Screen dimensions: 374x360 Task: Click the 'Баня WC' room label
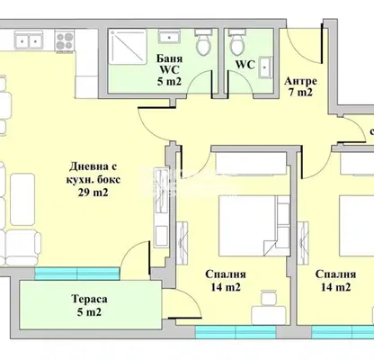coord(169,64)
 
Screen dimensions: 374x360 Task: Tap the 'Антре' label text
coord(300,81)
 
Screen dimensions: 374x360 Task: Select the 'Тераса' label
coord(89,299)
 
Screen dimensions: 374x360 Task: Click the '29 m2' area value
coord(93,193)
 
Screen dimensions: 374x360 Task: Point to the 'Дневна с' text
coord(93,166)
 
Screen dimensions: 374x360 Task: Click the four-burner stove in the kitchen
coord(64,41)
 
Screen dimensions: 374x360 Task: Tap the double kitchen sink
coord(29,40)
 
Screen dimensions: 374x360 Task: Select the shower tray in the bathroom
coord(128,47)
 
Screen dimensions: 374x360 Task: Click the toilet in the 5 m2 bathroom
coord(204,42)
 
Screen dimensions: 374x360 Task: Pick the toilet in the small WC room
coord(237,42)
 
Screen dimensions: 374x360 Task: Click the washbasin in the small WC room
coord(265,67)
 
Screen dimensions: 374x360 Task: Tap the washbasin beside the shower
coord(169,37)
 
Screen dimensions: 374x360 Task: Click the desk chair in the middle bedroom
coord(268,298)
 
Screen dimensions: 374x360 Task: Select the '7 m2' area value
coord(300,93)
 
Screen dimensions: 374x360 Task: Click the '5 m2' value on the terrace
coord(89,312)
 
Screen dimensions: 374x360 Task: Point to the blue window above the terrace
coord(77,274)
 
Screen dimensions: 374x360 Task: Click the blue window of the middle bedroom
coord(236,332)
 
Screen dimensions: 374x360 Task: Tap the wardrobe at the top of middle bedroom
coord(251,164)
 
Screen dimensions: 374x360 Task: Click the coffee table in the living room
coord(22,200)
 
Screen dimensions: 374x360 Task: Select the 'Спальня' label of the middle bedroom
coord(226,274)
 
